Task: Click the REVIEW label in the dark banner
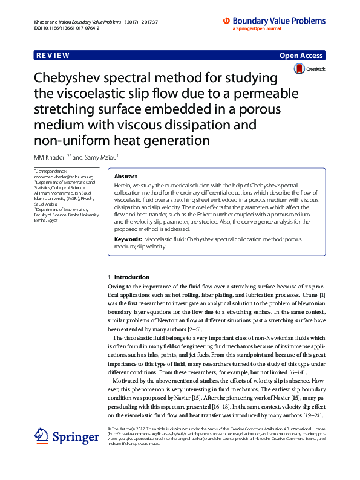53,56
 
